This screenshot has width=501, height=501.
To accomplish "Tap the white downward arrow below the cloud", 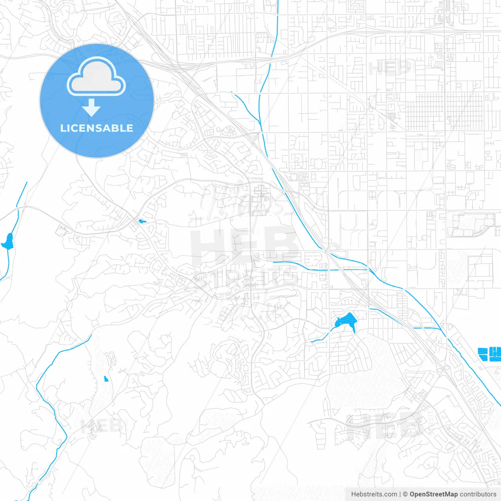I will [x=91, y=107].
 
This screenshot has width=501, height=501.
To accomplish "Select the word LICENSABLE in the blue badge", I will [x=96, y=128].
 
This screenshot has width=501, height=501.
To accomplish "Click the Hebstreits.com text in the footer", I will [x=374, y=494].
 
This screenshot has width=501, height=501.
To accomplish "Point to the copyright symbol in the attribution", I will [x=405, y=494].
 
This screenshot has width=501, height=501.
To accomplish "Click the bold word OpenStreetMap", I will [x=433, y=494].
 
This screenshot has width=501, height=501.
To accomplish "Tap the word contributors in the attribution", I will [x=478, y=494].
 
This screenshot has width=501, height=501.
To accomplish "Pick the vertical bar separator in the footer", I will [x=400, y=494].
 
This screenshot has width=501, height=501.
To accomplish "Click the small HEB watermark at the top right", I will [x=389, y=68].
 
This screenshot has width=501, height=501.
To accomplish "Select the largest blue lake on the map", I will [x=345, y=322].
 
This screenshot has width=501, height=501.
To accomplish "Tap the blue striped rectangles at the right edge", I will [x=490, y=353].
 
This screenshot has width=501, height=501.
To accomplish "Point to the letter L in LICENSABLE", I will [x=63, y=128].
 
